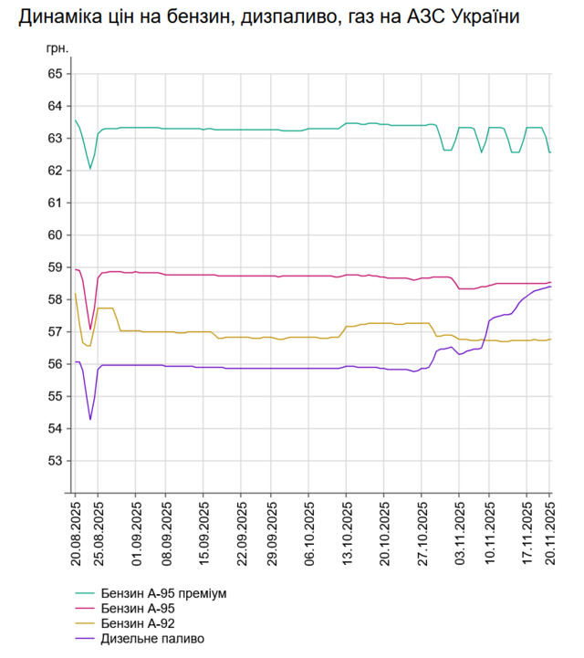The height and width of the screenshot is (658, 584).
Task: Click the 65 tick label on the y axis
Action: pos(53,73)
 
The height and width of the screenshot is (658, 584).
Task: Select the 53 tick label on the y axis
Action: pos(53,461)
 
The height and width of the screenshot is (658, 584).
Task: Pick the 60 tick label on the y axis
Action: pos(53,235)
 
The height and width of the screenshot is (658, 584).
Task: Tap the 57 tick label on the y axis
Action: pos(53,331)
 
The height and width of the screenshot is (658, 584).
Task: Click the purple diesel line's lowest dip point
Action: pos(89,420)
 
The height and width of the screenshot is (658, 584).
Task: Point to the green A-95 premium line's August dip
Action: pos(89,169)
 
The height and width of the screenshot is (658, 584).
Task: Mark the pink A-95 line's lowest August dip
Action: pos(89,329)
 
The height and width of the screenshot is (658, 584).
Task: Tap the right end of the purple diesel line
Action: pos(550,287)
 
